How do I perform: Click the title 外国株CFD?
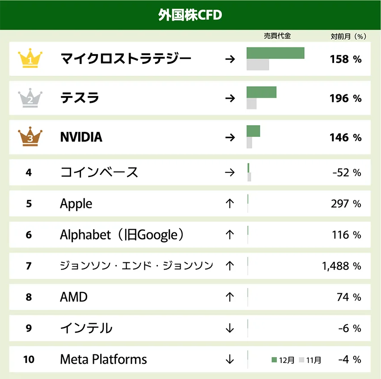pyautogui.click(x=190, y=15)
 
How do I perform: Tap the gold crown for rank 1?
pyautogui.click(x=30, y=59)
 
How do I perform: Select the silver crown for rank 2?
pyautogui.click(x=30, y=98)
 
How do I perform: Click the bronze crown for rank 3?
pyautogui.click(x=30, y=137)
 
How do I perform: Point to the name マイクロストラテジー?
pyautogui.click(x=126, y=59)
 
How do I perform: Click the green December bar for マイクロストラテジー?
pyautogui.click(x=275, y=53)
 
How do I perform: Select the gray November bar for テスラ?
pyautogui.click(x=252, y=104)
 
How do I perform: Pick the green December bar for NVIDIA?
pyautogui.click(x=253, y=131)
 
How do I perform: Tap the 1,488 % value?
pyautogui.click(x=341, y=266)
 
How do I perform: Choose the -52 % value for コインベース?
pyautogui.click(x=347, y=173)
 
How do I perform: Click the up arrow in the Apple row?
pyautogui.click(x=230, y=204)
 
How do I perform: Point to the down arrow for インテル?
pyautogui.click(x=230, y=328)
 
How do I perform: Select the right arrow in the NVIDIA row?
pyautogui.click(x=230, y=137)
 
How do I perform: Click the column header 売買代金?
pyautogui.click(x=277, y=36)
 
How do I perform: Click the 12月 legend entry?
pyautogui.click(x=283, y=360)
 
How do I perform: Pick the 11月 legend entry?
pyautogui.click(x=310, y=360)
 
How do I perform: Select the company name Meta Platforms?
pyautogui.click(x=103, y=359)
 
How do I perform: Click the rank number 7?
pyautogui.click(x=29, y=266)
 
